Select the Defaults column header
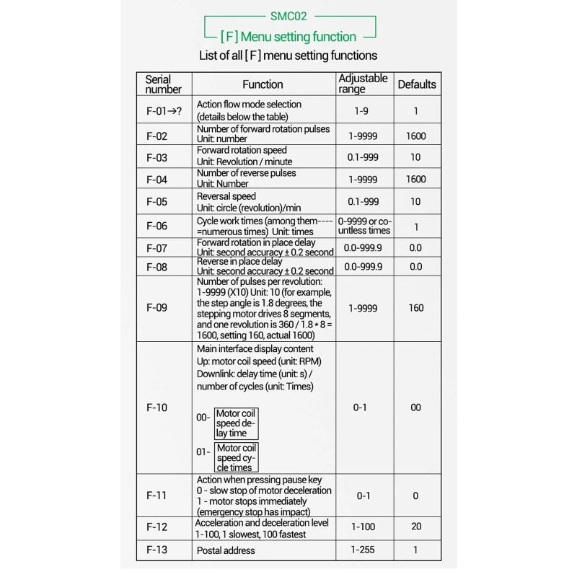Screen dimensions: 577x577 (417, 84)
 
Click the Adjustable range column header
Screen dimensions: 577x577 (363, 84)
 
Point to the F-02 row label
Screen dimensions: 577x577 (157, 136)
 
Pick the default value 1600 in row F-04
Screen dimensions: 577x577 (416, 179)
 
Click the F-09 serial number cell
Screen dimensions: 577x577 (157, 307)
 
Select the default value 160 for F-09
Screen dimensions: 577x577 (416, 307)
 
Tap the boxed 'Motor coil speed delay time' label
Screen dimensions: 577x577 (236, 423)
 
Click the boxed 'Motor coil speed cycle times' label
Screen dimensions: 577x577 (236, 457)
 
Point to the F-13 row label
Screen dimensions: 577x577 (157, 550)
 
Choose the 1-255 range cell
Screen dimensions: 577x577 (364, 550)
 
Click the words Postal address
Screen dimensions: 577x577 (226, 550)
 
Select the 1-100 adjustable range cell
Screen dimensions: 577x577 (364, 527)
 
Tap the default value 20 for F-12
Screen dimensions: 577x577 (416, 527)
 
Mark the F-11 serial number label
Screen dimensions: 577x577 (157, 495)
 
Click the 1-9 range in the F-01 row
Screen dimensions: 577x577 (363, 111)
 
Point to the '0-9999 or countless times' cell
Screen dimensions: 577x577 (364, 226)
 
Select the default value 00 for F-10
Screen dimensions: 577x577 (416, 408)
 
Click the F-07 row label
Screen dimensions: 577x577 (157, 248)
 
